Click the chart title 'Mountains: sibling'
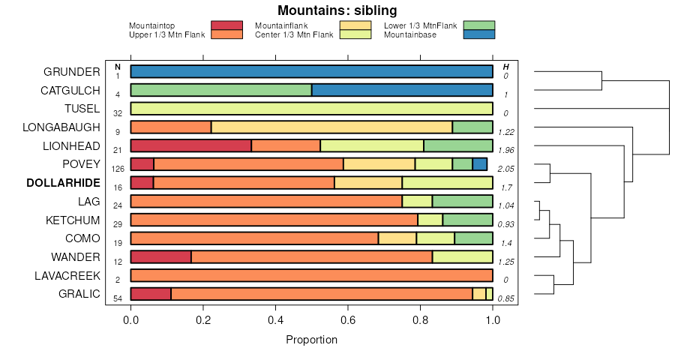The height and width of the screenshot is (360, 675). [x=337, y=10]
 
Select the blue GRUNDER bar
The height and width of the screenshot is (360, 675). [x=311, y=72]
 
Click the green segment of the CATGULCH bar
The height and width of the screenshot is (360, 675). [x=221, y=90]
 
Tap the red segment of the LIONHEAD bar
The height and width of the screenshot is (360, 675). [x=190, y=145]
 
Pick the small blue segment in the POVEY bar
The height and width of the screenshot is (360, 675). [x=480, y=164]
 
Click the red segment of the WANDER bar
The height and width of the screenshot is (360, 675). [x=160, y=256]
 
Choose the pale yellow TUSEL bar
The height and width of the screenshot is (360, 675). [x=311, y=109]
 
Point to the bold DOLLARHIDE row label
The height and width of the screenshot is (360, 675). [x=63, y=183]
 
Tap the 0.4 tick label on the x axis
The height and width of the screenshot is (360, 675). [x=276, y=320]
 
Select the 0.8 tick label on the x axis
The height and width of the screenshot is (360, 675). [x=421, y=320]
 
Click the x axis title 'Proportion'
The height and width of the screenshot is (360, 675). [x=311, y=340]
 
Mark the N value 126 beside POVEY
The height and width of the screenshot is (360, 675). [x=118, y=169]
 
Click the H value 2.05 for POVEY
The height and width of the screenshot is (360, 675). [x=507, y=169]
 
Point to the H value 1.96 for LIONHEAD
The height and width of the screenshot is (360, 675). [x=507, y=150]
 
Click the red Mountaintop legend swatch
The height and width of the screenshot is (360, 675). [x=226, y=25]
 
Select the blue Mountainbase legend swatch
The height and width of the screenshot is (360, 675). [x=478, y=34]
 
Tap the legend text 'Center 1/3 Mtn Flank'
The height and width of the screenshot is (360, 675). [x=294, y=34]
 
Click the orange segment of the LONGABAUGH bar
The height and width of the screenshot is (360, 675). [x=171, y=127]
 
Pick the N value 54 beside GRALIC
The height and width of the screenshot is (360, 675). [x=118, y=298]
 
